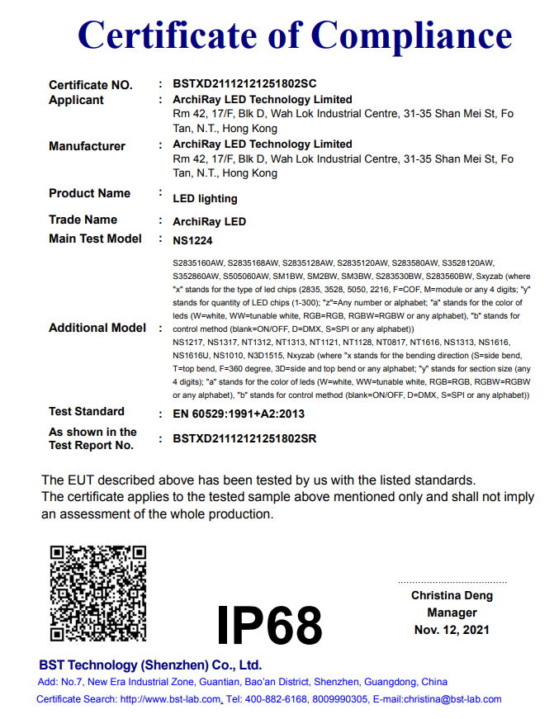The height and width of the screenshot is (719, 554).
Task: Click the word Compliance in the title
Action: click(x=411, y=36)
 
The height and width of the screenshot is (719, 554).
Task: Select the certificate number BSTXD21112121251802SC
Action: click(x=244, y=84)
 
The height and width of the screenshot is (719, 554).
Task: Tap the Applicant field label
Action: click(x=76, y=100)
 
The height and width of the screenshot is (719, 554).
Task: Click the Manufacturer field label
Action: click(x=87, y=146)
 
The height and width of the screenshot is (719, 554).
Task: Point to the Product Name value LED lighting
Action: click(x=205, y=198)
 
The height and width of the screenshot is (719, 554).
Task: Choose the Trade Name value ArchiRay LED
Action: click(x=209, y=221)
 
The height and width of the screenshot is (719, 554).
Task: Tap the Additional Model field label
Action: click(x=97, y=328)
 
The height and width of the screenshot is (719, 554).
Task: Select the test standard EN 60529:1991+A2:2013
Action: click(x=239, y=414)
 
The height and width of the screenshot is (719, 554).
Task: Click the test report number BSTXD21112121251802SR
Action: click(x=244, y=439)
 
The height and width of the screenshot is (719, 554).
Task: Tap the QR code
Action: click(x=98, y=593)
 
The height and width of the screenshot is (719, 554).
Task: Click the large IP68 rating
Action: click(x=269, y=625)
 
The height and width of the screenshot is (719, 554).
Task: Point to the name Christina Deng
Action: click(x=452, y=595)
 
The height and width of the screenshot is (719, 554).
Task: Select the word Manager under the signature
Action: click(x=452, y=613)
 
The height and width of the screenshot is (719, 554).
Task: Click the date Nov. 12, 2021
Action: click(x=452, y=630)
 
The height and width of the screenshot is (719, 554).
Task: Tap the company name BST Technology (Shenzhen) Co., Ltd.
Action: click(x=150, y=665)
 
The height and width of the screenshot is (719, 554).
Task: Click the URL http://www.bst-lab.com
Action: click(x=171, y=699)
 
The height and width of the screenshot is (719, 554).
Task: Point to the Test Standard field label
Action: click(x=87, y=411)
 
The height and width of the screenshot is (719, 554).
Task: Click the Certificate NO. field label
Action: click(x=90, y=84)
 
